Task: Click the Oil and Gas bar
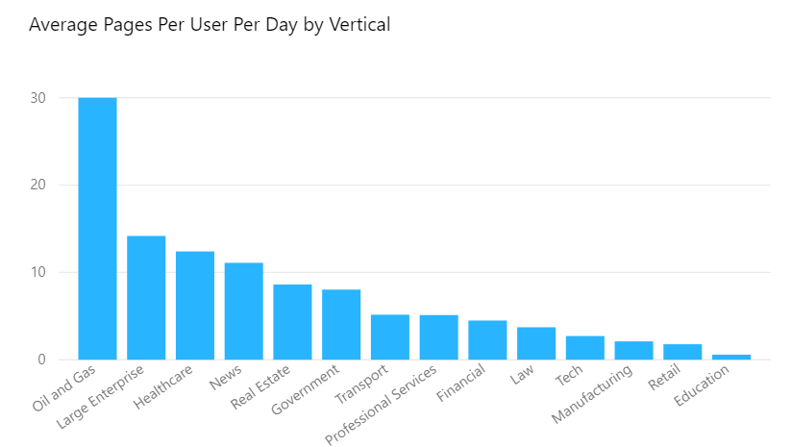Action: [97, 228]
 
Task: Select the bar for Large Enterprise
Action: [146, 297]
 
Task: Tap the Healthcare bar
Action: [195, 306]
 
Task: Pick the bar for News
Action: [244, 311]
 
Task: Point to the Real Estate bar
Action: [292, 322]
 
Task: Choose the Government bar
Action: [341, 325]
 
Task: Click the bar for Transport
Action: [390, 336]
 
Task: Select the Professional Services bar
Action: [439, 337]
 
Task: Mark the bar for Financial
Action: [487, 340]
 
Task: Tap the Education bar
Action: [731, 357]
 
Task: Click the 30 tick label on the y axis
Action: [37, 98]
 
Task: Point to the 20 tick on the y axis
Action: [37, 185]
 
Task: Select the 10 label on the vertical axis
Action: [37, 272]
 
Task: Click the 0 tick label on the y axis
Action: [41, 360]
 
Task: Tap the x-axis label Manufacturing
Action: [591, 393]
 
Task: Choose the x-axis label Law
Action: [522, 374]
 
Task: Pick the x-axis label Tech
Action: [569, 375]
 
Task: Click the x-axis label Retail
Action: [664, 377]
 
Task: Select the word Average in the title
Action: [63, 25]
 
